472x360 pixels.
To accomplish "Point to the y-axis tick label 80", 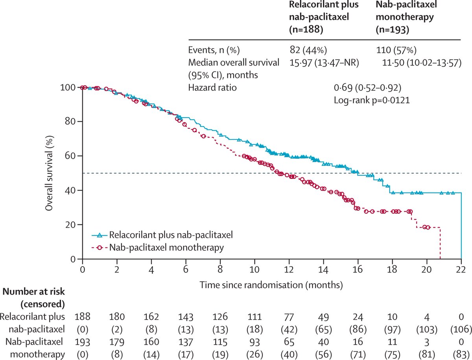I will pos(71,121).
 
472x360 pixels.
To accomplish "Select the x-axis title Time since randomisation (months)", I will pos(271,283).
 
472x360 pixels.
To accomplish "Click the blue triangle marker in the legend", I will pos(100,235).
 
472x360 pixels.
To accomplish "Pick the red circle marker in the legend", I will pos(100,248).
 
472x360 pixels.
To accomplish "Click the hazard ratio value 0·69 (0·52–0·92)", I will pos(367,87).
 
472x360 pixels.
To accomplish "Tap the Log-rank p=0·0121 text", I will pos(371,100).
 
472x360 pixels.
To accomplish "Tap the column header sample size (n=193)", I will pos(392,29).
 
